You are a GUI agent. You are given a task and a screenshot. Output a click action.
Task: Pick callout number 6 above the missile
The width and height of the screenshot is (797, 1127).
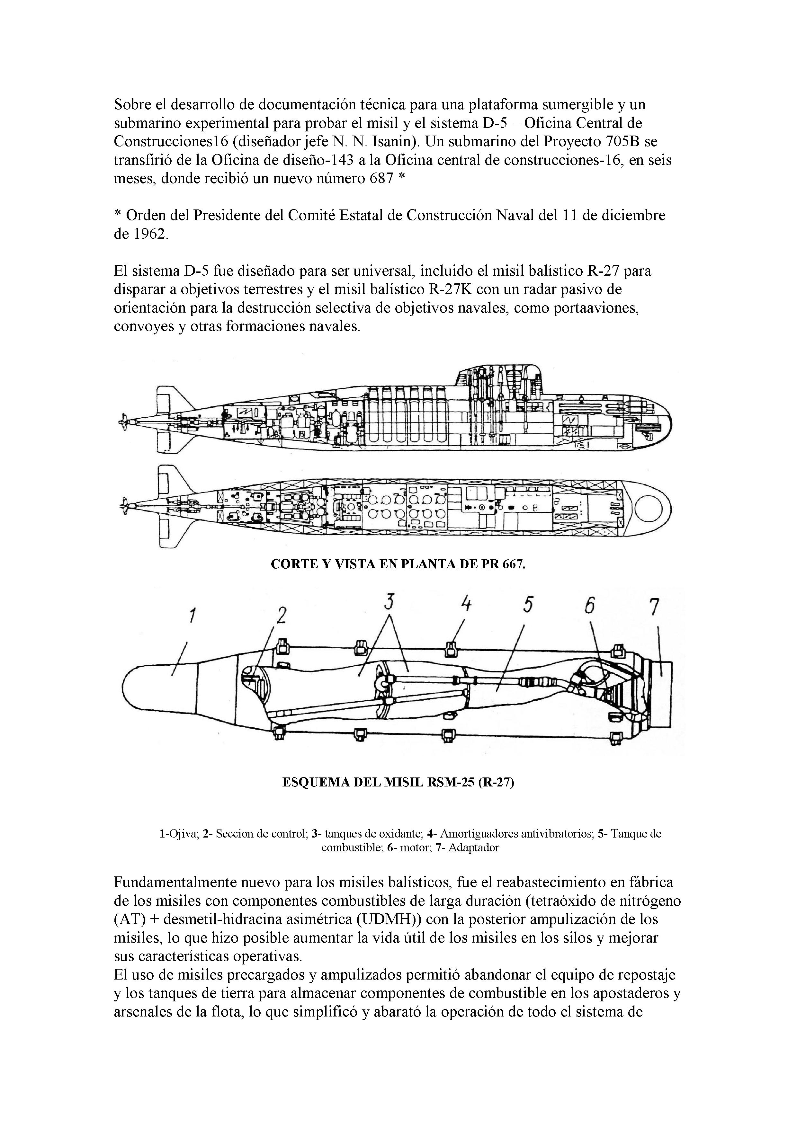click(x=589, y=607)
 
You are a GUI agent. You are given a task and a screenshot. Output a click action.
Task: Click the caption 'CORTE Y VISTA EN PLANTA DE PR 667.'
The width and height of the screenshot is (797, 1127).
click(x=398, y=564)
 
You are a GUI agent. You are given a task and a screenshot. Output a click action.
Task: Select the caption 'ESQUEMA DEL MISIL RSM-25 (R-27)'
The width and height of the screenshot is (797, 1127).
click(x=398, y=782)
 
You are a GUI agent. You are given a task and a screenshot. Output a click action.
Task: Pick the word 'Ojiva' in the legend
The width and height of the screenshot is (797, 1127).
click(x=184, y=834)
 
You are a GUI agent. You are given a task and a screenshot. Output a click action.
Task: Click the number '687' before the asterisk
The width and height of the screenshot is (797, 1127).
click(x=381, y=178)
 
